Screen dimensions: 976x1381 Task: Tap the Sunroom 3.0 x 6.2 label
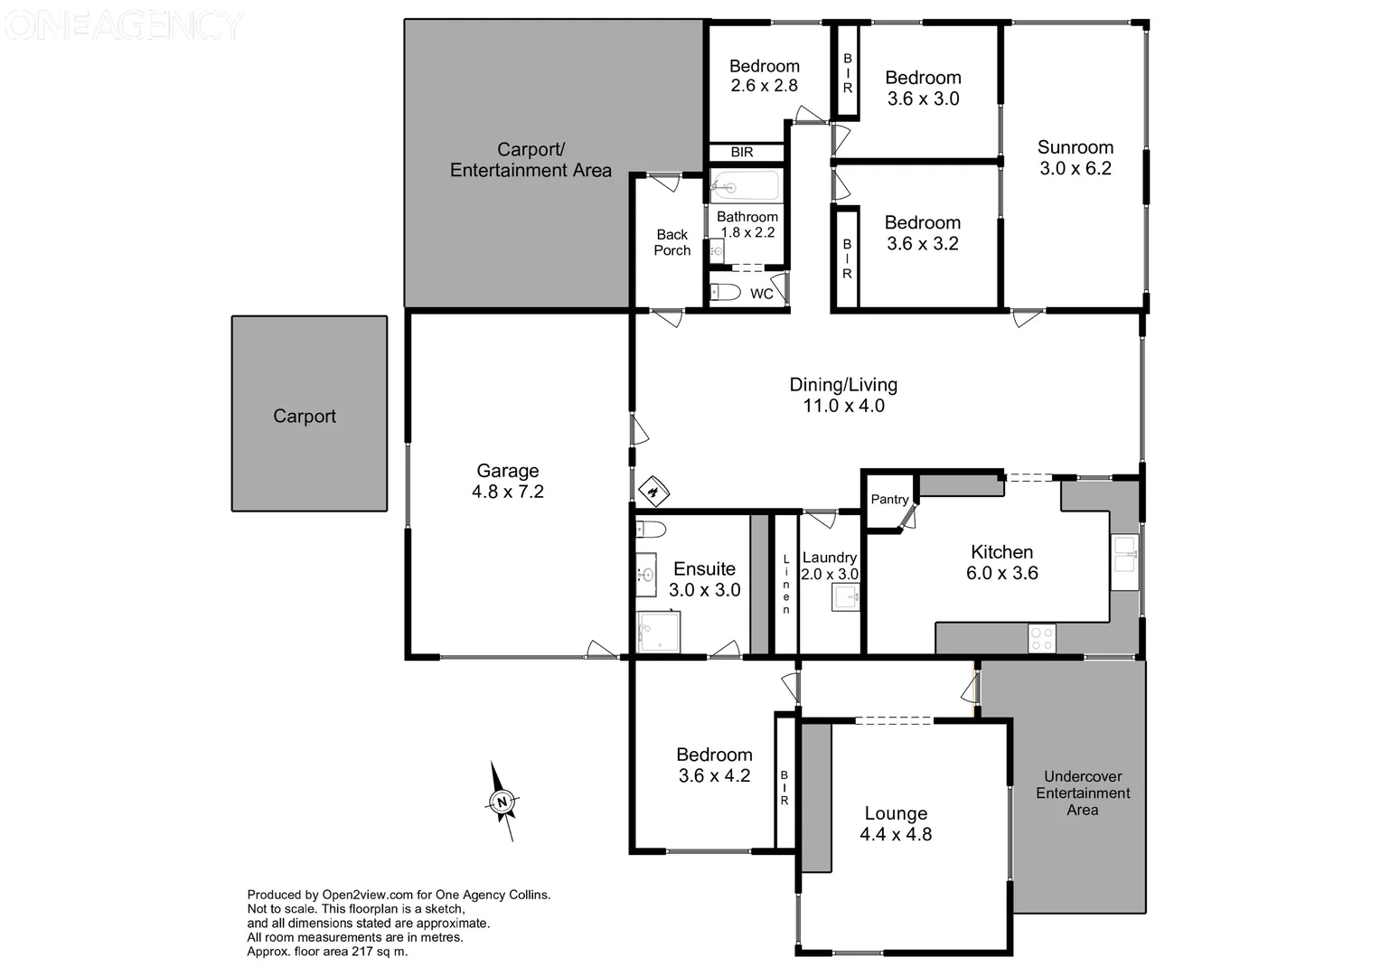(x=1075, y=158)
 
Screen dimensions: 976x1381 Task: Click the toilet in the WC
(x=724, y=292)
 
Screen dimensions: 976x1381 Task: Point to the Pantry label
(x=889, y=500)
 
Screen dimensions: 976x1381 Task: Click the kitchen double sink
(x=1124, y=554)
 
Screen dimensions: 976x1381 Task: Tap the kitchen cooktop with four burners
(x=1041, y=639)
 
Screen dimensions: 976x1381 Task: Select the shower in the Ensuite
(x=658, y=632)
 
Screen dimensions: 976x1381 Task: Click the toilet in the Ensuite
(x=650, y=529)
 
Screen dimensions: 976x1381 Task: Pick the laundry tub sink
(x=845, y=597)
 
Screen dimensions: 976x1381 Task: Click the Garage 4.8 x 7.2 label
(x=508, y=481)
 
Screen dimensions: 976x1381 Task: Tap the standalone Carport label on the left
(x=305, y=417)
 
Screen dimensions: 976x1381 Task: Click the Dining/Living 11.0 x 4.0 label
(x=843, y=395)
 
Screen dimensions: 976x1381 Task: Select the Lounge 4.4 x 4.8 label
(x=896, y=824)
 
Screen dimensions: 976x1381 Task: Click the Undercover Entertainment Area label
(x=1082, y=793)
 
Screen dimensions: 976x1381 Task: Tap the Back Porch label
(x=672, y=242)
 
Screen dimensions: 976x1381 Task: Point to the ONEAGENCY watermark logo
(x=124, y=25)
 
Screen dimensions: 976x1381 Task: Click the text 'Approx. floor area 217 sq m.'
(x=327, y=952)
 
